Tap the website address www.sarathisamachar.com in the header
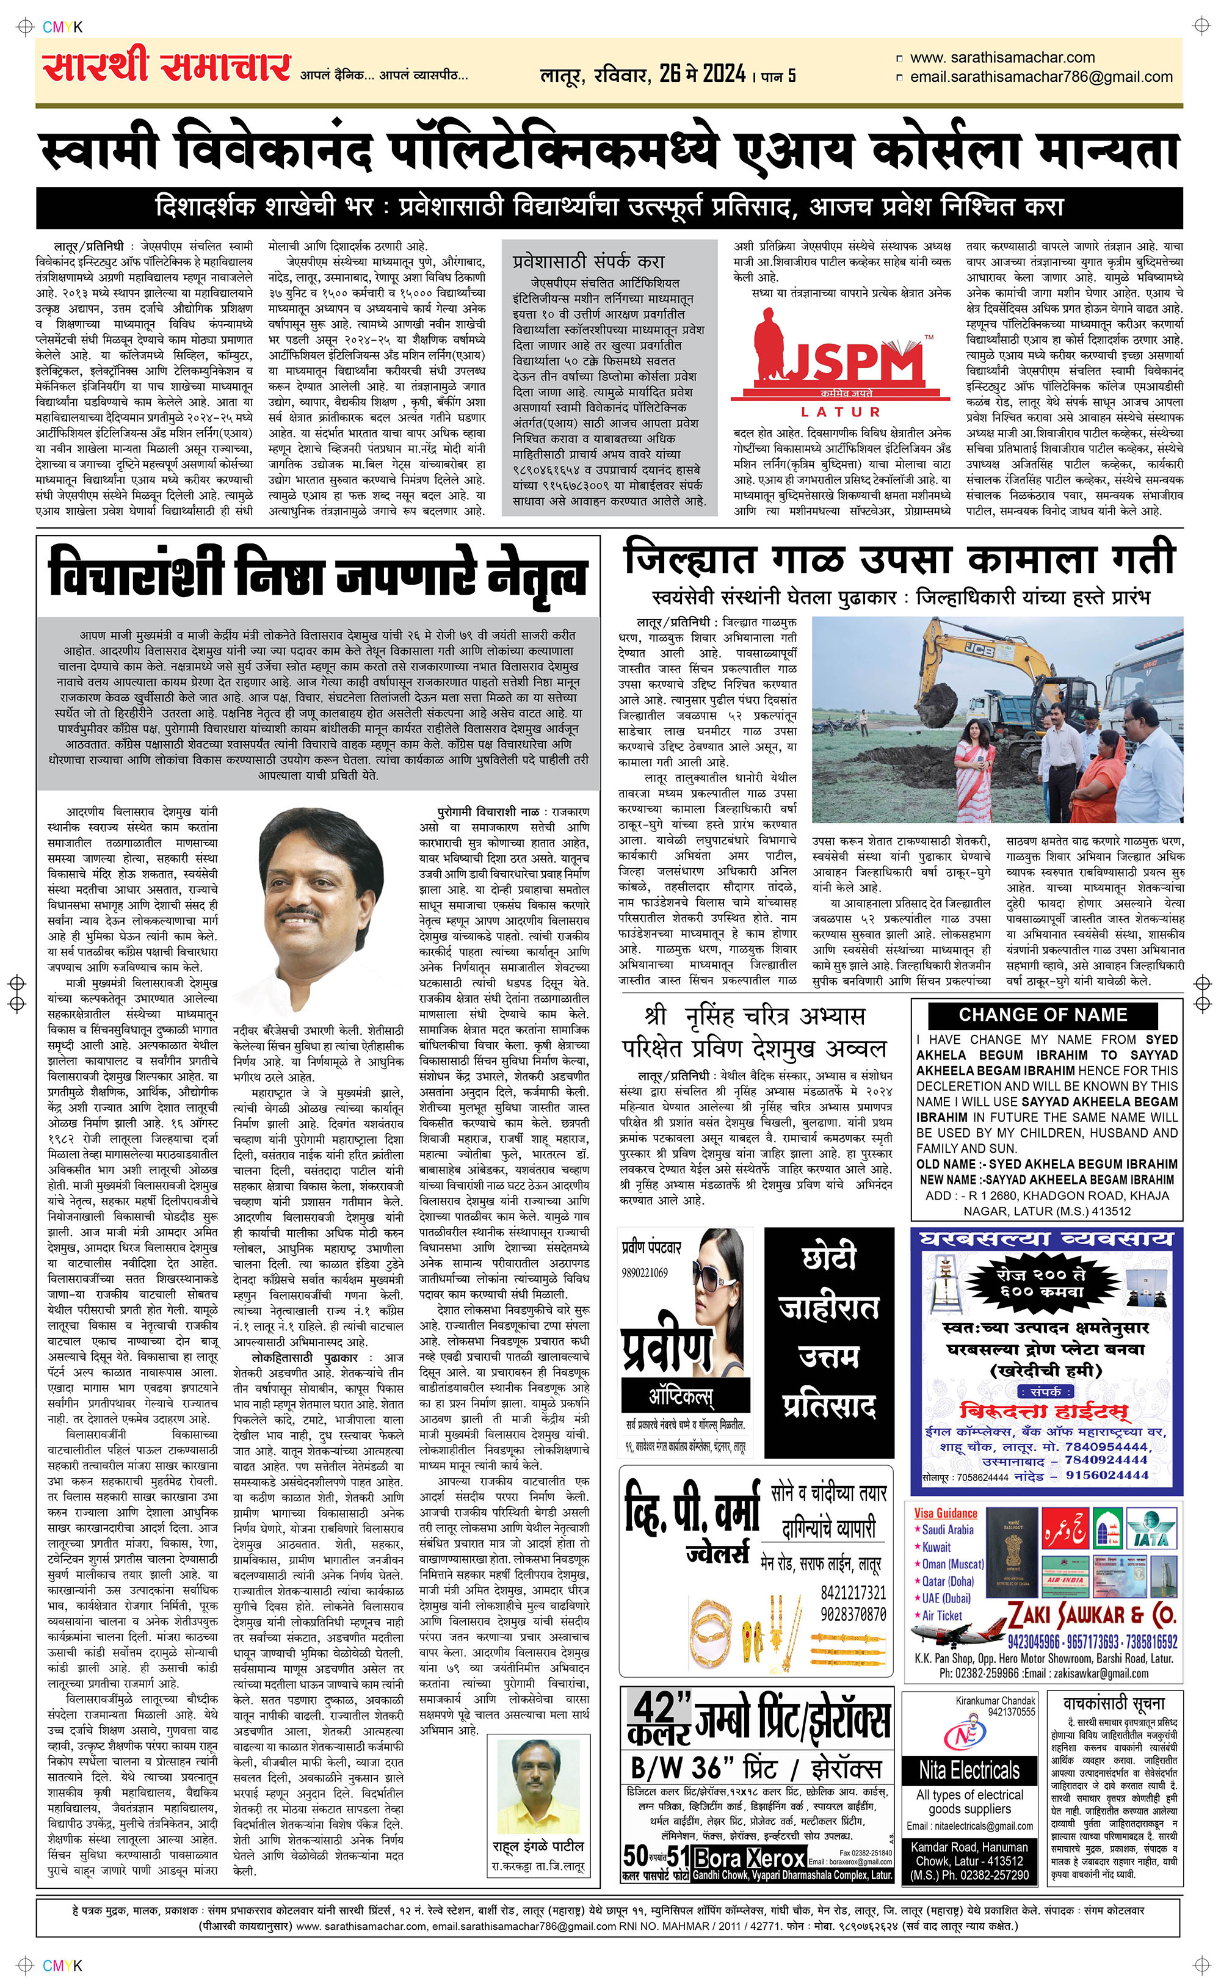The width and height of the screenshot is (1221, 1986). (x=1001, y=58)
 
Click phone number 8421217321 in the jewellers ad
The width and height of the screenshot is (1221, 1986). (x=853, y=1593)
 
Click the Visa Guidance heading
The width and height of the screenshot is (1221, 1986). (x=946, y=1513)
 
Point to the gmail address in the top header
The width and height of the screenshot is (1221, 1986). (x=1041, y=78)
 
